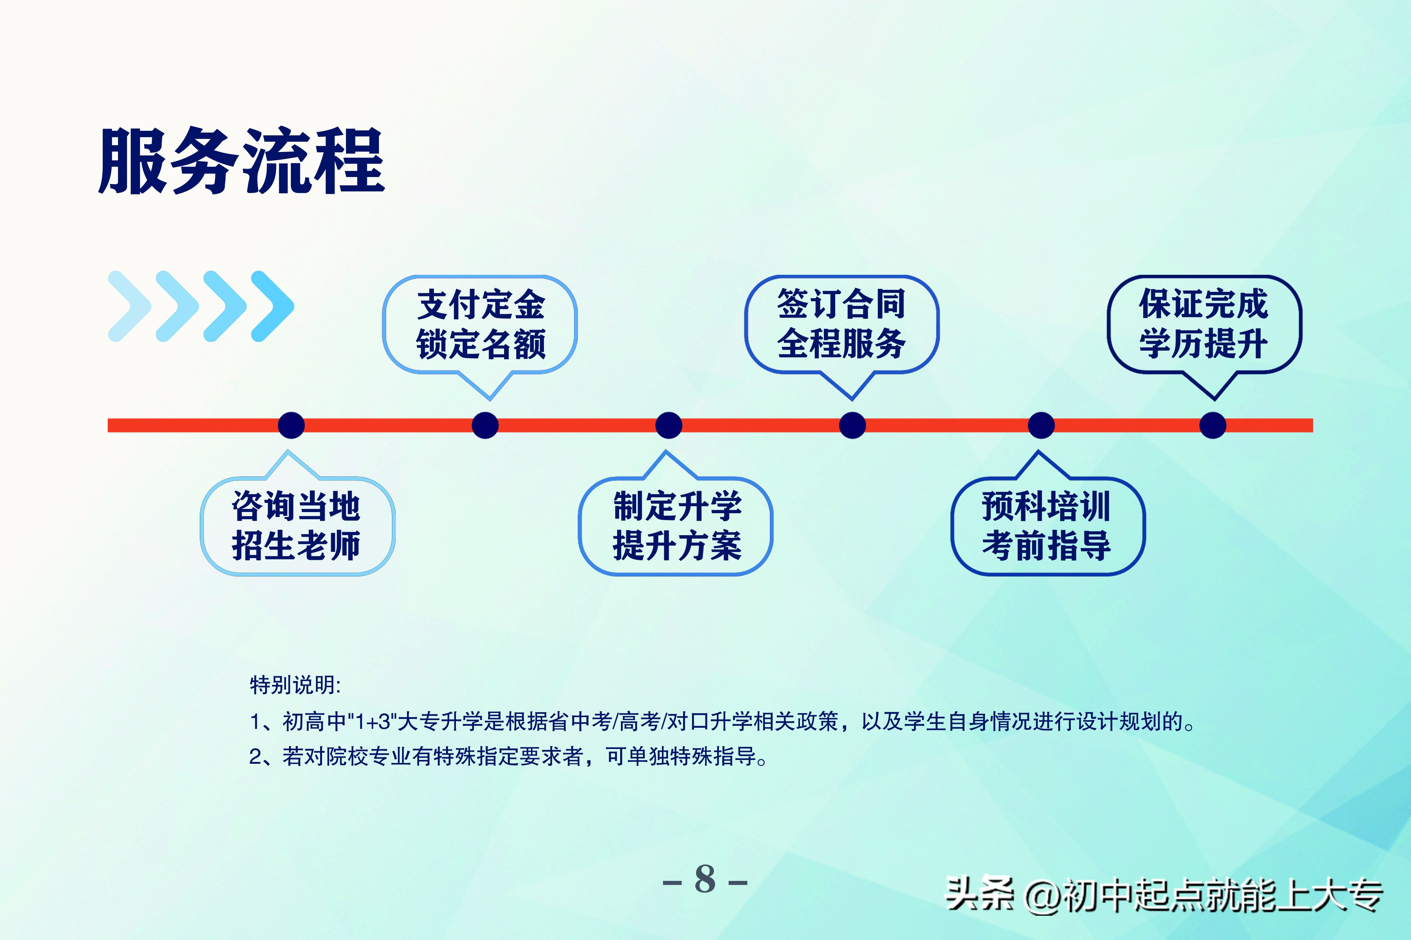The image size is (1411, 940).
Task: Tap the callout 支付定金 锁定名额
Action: click(x=481, y=324)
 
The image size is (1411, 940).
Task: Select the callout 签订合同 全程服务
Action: click(x=842, y=324)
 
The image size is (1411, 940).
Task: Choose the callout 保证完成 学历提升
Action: click(x=1204, y=324)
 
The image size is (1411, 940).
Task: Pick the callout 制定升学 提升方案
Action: click(x=676, y=526)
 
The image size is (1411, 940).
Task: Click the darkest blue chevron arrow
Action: click(x=273, y=306)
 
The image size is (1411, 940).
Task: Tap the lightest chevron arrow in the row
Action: click(x=128, y=306)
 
